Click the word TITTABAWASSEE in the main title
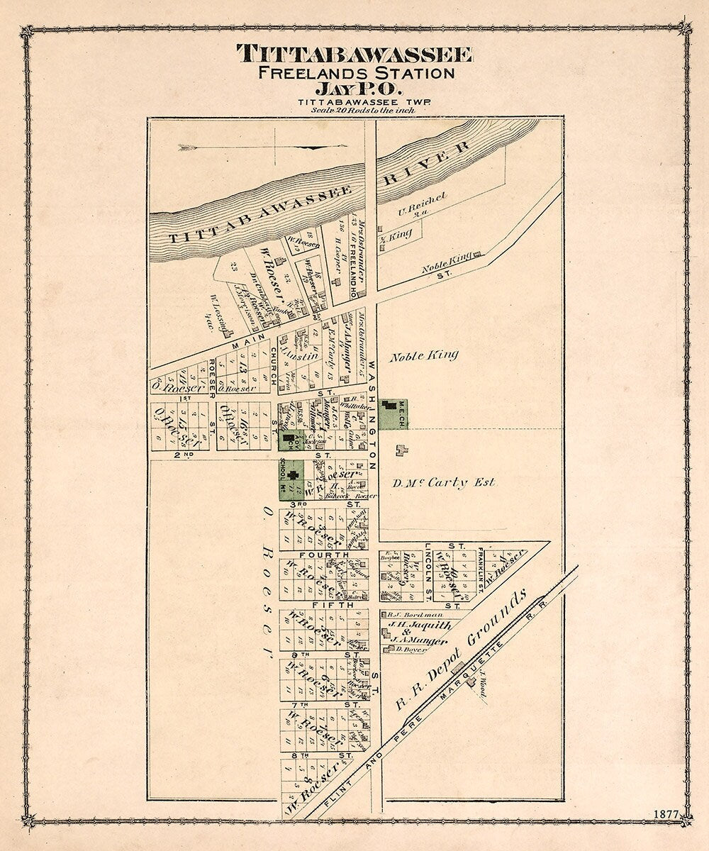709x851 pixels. click(x=354, y=54)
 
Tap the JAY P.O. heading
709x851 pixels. click(x=354, y=89)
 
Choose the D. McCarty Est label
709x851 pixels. click(x=444, y=483)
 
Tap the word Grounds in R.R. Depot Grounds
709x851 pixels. click(x=501, y=616)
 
